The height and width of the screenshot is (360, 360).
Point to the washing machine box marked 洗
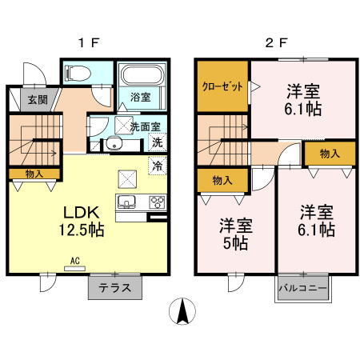(158, 142)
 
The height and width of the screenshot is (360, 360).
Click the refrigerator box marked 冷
(158, 166)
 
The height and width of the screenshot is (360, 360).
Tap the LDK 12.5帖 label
(81, 221)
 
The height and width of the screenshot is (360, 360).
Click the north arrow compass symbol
(184, 310)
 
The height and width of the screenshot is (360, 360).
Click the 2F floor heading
(276, 43)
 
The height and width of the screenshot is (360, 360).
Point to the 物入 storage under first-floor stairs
(34, 173)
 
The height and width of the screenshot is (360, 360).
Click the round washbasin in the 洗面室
(113, 145)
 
